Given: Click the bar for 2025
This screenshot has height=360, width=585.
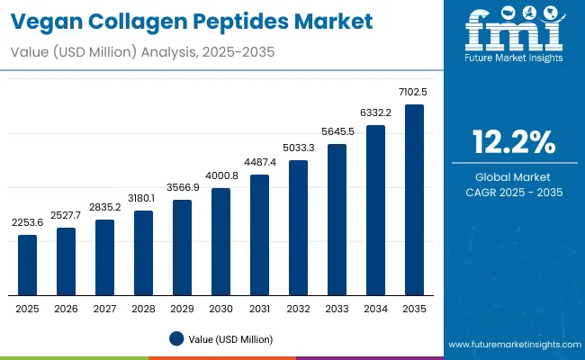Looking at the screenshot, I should (28, 265).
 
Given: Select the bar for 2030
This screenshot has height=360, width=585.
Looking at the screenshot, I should (221, 242).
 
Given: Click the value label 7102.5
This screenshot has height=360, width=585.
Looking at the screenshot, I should (415, 93).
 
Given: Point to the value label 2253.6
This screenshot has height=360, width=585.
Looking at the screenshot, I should (28, 223).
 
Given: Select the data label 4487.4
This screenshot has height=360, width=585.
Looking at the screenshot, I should (260, 163).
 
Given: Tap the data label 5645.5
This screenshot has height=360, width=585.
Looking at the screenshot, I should (337, 132).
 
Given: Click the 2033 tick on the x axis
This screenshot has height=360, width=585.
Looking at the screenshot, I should (337, 309).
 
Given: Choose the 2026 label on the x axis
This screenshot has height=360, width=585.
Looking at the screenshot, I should (67, 309).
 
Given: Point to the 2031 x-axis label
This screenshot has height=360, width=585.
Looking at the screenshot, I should (260, 309).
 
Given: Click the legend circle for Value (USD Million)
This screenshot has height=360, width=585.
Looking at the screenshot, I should (175, 338).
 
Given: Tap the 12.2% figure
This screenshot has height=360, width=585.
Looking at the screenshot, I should (514, 141).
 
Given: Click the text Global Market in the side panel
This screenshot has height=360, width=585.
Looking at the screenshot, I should (514, 176).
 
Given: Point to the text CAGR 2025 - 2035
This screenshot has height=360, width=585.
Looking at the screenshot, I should (514, 192).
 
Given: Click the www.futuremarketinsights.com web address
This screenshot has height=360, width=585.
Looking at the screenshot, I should (511, 345).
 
